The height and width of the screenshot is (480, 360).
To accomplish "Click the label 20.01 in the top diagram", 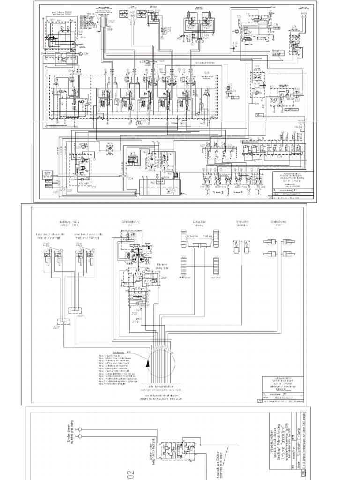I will [111, 22].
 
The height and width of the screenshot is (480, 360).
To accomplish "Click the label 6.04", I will [294, 26].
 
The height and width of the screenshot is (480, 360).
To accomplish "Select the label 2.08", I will [130, 178].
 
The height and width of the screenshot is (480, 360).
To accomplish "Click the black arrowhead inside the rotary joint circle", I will [149, 362].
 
